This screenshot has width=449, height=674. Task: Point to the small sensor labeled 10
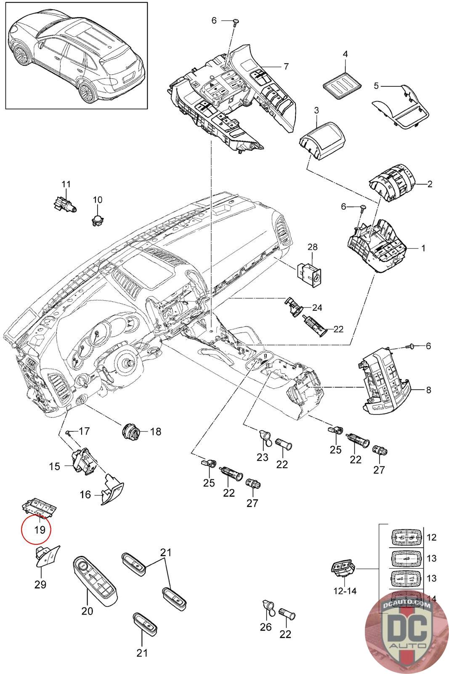coord(98,219)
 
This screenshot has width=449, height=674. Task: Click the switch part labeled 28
coord(310,270)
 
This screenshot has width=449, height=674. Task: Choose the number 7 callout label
coord(286,66)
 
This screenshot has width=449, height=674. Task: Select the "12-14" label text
coord(345,591)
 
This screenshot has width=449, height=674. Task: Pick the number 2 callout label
coord(430,184)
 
